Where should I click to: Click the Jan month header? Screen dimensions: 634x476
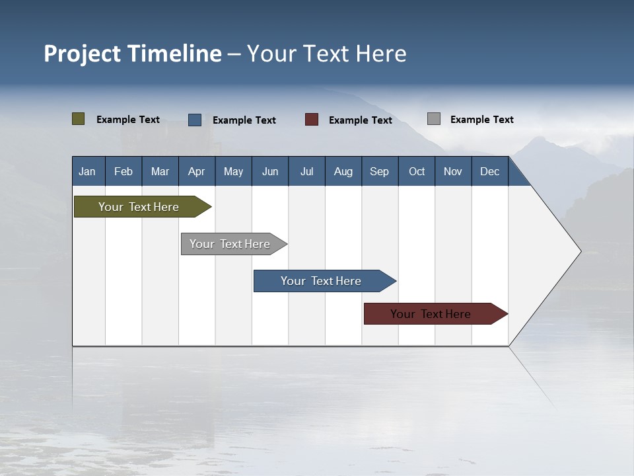coord(88,171)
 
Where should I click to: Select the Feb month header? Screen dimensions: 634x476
coord(123,171)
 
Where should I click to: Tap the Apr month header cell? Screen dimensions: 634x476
coord(197,171)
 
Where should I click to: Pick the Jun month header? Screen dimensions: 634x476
coord(270,171)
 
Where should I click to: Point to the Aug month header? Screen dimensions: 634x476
coord(343,171)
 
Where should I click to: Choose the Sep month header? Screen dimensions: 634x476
coord(380,171)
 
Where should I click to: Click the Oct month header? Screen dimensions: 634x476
coord(417,171)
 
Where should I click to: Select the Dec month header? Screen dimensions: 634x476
coord(490,171)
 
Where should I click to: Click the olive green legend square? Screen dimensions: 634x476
coord(79,119)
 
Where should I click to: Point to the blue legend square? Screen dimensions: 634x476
coord(195,120)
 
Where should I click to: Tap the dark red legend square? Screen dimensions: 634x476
coord(312,120)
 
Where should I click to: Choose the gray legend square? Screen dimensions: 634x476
coord(434,119)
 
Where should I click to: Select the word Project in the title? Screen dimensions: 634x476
coord(83,54)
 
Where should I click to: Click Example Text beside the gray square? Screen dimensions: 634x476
coord(481,120)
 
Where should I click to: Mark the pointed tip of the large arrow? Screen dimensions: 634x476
coord(580,251)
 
